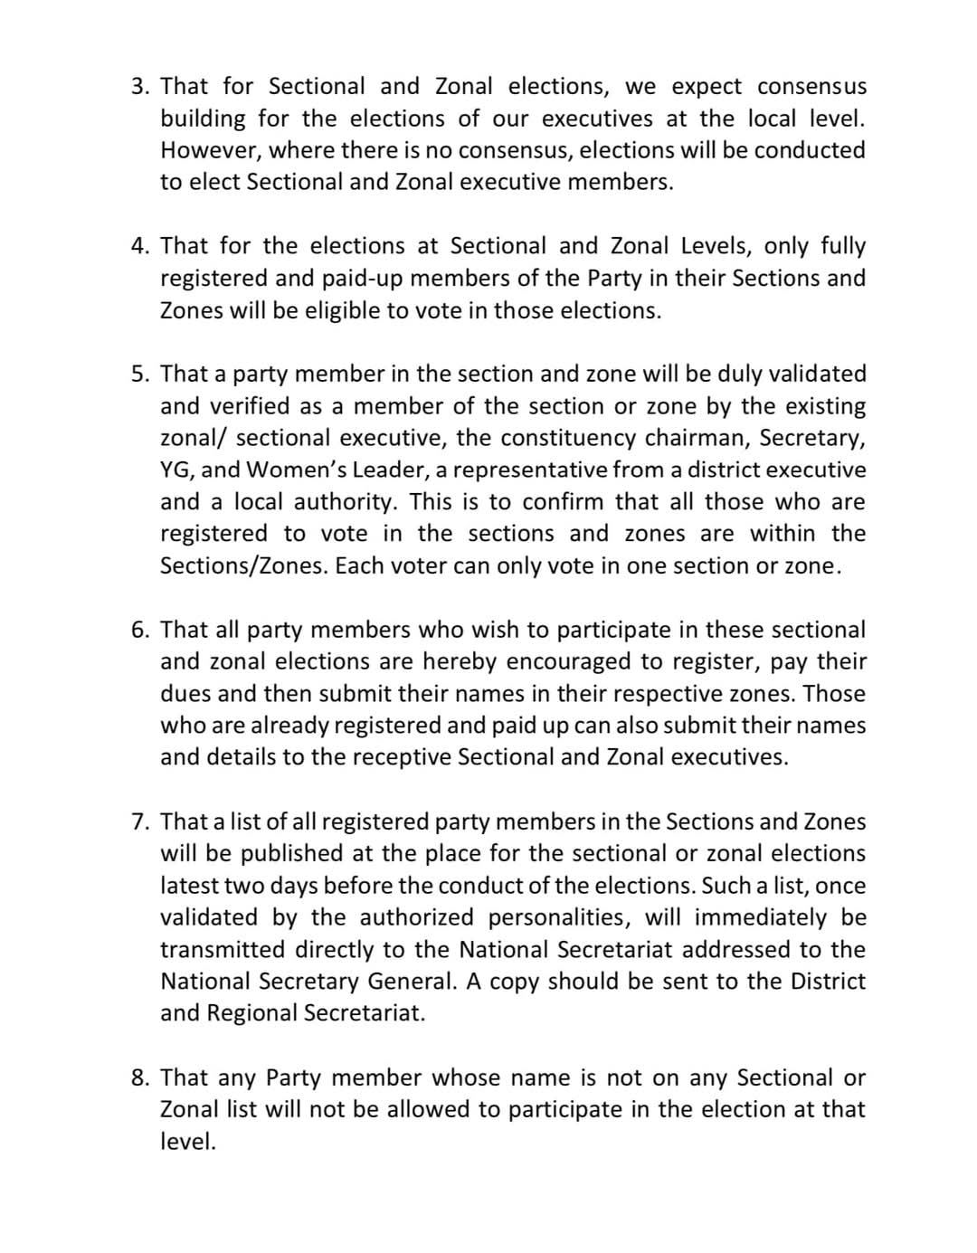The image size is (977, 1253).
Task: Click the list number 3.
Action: point(139,87)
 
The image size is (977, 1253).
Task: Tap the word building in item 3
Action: point(203,119)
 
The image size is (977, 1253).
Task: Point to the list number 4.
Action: point(139,246)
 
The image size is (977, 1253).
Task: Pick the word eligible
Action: point(337,310)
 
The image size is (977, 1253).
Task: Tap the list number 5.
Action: point(139,374)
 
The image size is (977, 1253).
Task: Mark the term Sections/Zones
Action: point(243,566)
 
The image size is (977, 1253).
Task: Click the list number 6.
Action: point(139,630)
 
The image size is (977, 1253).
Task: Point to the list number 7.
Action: point(139,821)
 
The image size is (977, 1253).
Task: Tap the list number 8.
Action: point(139,1077)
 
